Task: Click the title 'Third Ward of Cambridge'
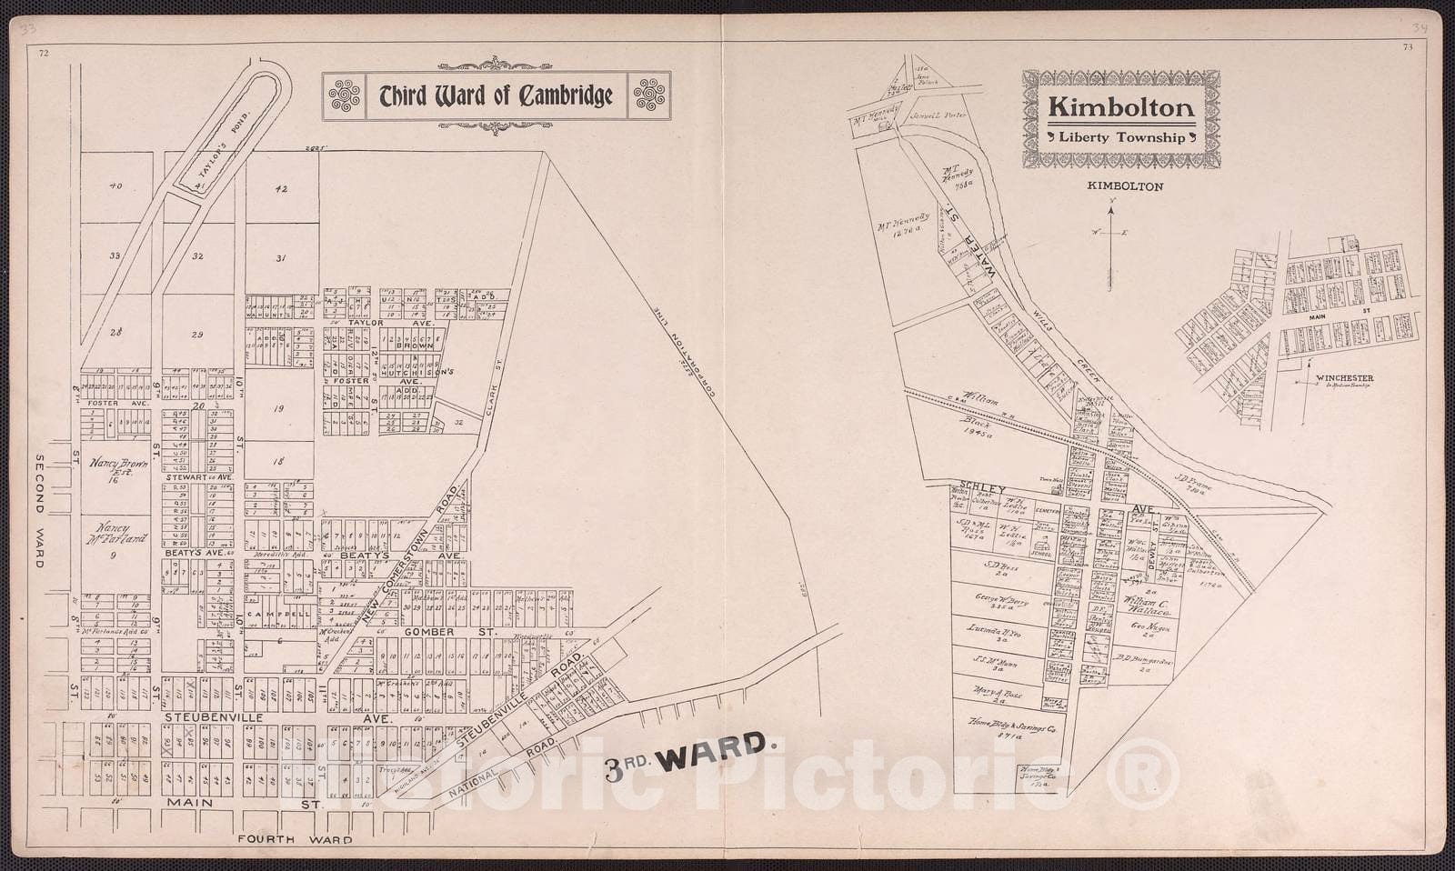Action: [496, 95]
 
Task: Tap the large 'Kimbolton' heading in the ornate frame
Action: [1120, 108]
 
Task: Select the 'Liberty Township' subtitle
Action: [1120, 138]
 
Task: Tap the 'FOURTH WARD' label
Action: [295, 840]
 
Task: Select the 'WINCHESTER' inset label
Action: [1342, 378]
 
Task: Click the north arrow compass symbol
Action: [1110, 245]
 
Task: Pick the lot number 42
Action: [281, 189]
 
